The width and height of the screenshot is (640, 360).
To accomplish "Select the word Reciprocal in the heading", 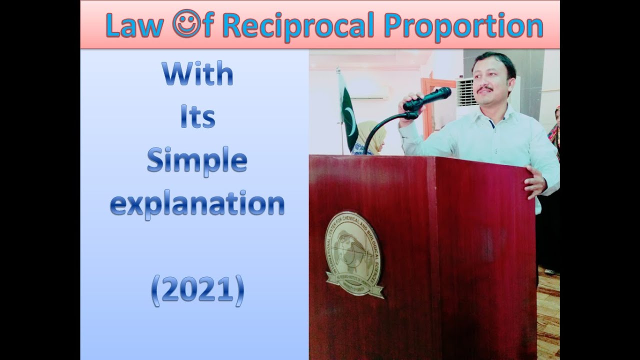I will [298, 27].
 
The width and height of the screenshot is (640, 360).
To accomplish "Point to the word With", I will [197, 74].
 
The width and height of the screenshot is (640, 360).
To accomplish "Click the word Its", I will [197, 118].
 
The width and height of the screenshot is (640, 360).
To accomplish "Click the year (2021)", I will [197, 291].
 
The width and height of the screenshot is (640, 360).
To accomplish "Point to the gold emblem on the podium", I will [353, 255].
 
